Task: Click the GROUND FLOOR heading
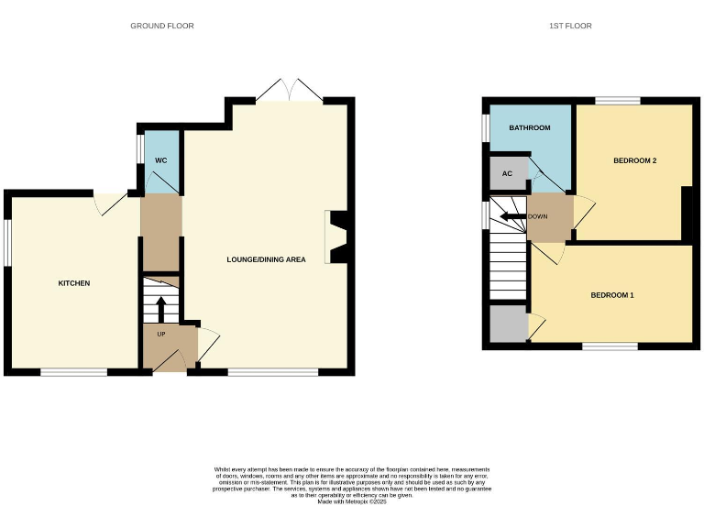point(162,26)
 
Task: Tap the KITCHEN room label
point(74,283)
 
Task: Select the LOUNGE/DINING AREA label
point(266,259)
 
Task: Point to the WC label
point(160,161)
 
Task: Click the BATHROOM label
point(530,127)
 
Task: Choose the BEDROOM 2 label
point(635,160)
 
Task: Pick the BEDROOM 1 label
point(612,295)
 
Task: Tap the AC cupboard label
point(507,173)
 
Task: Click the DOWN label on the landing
point(537,217)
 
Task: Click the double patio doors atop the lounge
point(290,91)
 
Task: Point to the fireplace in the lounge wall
point(336,238)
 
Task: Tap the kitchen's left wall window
point(6,243)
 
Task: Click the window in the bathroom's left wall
point(485,127)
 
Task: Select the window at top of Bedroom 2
point(617,99)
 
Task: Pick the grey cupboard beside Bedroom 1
point(508,324)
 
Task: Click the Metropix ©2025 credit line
point(352,501)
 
